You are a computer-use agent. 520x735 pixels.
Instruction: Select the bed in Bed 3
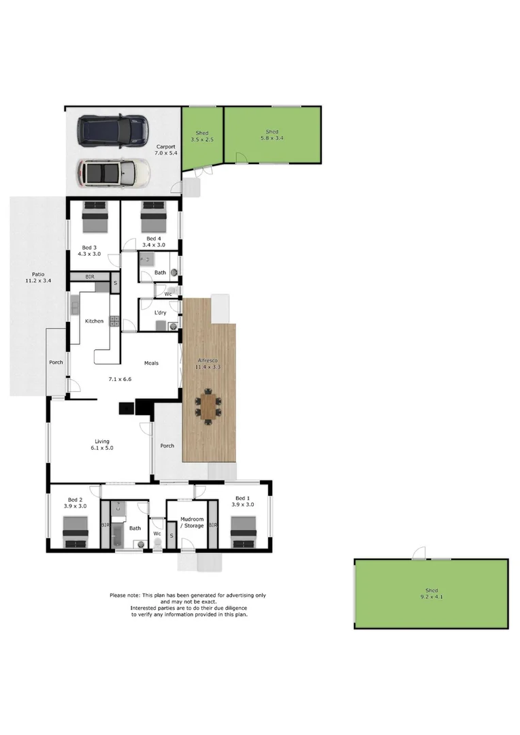95,217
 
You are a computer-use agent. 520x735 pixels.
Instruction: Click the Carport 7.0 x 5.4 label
166,150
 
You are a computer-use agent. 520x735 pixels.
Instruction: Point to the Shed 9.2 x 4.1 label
431,593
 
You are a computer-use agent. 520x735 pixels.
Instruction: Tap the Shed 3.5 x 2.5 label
202,136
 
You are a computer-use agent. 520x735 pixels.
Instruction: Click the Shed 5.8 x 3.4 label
272,135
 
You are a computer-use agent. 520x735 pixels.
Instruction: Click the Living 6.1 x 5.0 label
101,444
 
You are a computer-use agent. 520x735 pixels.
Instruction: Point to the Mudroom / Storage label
191,522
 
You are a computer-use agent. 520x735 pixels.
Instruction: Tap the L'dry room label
161,312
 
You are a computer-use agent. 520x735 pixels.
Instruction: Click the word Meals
151,363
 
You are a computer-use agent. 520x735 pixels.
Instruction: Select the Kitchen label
94,321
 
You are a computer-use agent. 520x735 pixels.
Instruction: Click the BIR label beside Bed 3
90,277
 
